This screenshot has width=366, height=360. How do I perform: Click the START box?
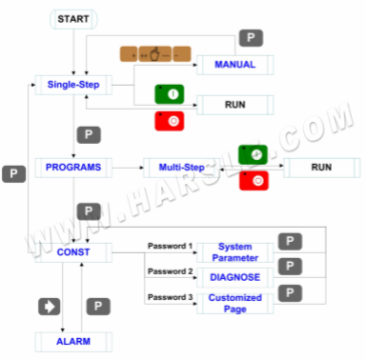point(73,19)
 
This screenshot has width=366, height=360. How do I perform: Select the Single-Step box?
point(72,86)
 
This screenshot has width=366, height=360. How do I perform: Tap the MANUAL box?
point(234,65)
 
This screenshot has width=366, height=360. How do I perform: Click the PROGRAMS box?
point(73,168)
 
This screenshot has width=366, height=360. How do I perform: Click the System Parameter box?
point(234,252)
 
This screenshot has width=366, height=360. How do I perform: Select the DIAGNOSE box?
point(234,278)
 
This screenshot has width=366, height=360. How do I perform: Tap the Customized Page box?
point(234,303)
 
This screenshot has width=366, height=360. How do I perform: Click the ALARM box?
point(73,339)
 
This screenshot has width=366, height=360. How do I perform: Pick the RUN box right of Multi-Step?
point(320,168)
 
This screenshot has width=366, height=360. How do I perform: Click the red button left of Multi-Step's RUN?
point(252,181)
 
